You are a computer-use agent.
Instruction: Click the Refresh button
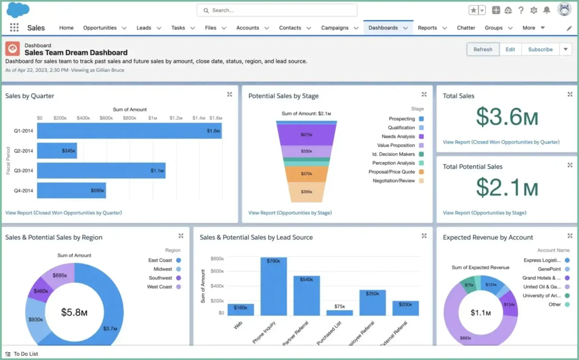pos(483,49)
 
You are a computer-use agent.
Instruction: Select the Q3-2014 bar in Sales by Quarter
pos(101,171)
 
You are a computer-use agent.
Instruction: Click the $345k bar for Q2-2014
pos(57,151)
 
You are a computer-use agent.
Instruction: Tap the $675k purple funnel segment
pos(306,134)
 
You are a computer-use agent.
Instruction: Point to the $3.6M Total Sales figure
pos(507,117)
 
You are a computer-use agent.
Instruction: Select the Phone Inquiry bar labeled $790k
pos(273,286)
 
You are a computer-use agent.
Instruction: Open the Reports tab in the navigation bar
pos(427,28)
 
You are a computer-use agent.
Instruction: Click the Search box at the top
pos(277,10)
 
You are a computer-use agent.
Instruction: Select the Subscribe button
pos(540,49)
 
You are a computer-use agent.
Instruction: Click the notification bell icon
pos(547,10)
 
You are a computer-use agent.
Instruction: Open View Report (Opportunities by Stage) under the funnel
pos(289,213)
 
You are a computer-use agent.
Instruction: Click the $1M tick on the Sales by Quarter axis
pos(153,118)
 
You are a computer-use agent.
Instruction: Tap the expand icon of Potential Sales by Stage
pos(424,94)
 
